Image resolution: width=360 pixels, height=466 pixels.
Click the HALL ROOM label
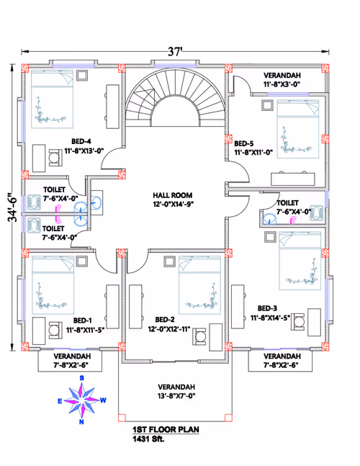pos(173,195)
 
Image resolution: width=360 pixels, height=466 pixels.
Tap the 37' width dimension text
pos(175,52)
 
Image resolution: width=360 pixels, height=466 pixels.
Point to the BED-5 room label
pos(244,144)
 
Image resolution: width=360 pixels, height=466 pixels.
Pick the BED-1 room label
pos(82,321)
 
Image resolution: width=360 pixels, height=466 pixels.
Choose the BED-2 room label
pos(165,320)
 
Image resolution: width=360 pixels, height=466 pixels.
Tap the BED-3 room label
pos(267,308)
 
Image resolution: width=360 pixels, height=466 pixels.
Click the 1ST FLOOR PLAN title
pos(166,429)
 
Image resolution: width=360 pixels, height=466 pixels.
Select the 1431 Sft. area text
pos(148,439)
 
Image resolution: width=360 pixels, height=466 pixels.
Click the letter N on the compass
pos(81,422)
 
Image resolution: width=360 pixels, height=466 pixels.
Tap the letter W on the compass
pos(103,400)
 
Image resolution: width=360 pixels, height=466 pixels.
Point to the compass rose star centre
pos(81,400)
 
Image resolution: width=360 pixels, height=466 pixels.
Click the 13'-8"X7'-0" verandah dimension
pos(176,396)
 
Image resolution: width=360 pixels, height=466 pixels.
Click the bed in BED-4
pos(53,99)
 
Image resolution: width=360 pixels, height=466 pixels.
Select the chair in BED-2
pos(199,337)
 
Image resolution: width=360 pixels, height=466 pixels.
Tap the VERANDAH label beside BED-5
pos(282,76)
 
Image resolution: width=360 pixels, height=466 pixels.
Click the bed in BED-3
pos(300,261)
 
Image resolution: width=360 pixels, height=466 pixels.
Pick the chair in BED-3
pos(298,322)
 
